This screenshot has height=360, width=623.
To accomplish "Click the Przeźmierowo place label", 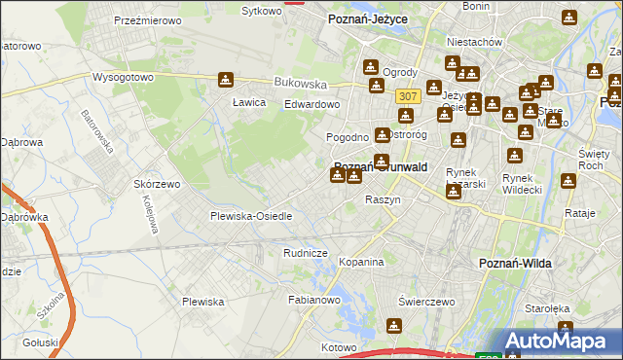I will pyautogui.click(x=143, y=20).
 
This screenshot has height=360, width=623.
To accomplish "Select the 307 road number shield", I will pyautogui.click(x=408, y=96).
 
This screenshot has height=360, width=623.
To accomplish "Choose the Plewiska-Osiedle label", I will pyautogui.click(x=251, y=215).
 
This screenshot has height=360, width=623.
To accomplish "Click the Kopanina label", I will pyautogui.click(x=362, y=262).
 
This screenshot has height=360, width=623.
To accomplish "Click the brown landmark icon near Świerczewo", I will pyautogui.click(x=394, y=326).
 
